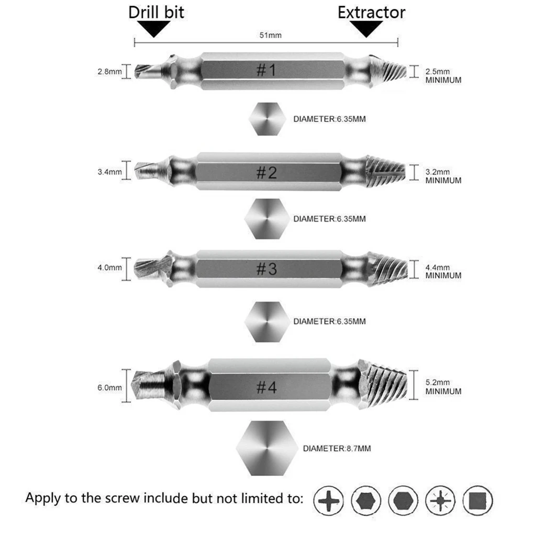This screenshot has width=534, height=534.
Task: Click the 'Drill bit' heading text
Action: [156, 12]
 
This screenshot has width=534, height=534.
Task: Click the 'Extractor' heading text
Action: [371, 12]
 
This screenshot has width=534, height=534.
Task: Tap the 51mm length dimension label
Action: [271, 35]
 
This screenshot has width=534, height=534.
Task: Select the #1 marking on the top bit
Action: [266, 71]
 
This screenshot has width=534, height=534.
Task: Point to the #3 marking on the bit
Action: [266, 269]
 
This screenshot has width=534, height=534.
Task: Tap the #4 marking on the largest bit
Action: [266, 388]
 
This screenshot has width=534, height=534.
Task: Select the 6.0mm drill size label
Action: [109, 387]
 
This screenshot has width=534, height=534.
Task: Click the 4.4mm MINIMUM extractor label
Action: [442, 271]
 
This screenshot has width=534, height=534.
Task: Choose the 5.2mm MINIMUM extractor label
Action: [442, 387]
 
